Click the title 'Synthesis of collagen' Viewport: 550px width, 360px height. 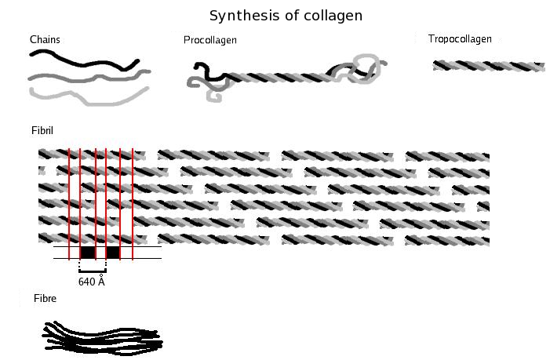[286, 16]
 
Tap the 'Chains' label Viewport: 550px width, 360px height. [45, 40]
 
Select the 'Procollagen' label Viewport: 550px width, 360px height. [210, 40]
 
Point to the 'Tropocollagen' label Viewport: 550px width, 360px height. [460, 39]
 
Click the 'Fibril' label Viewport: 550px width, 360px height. [42, 131]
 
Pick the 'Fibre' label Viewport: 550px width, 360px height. [45, 298]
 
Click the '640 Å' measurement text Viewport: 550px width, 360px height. [92, 282]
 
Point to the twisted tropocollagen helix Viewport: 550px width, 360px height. [489, 66]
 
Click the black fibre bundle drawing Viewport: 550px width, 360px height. [104, 337]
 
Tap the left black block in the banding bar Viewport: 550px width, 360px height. [88, 253]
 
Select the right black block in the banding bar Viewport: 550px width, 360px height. [113, 253]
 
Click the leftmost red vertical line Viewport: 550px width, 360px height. [69, 205]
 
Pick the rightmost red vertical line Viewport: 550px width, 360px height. [133, 205]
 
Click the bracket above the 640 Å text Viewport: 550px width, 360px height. [93, 271]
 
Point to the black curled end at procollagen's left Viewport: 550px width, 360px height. [207, 72]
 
